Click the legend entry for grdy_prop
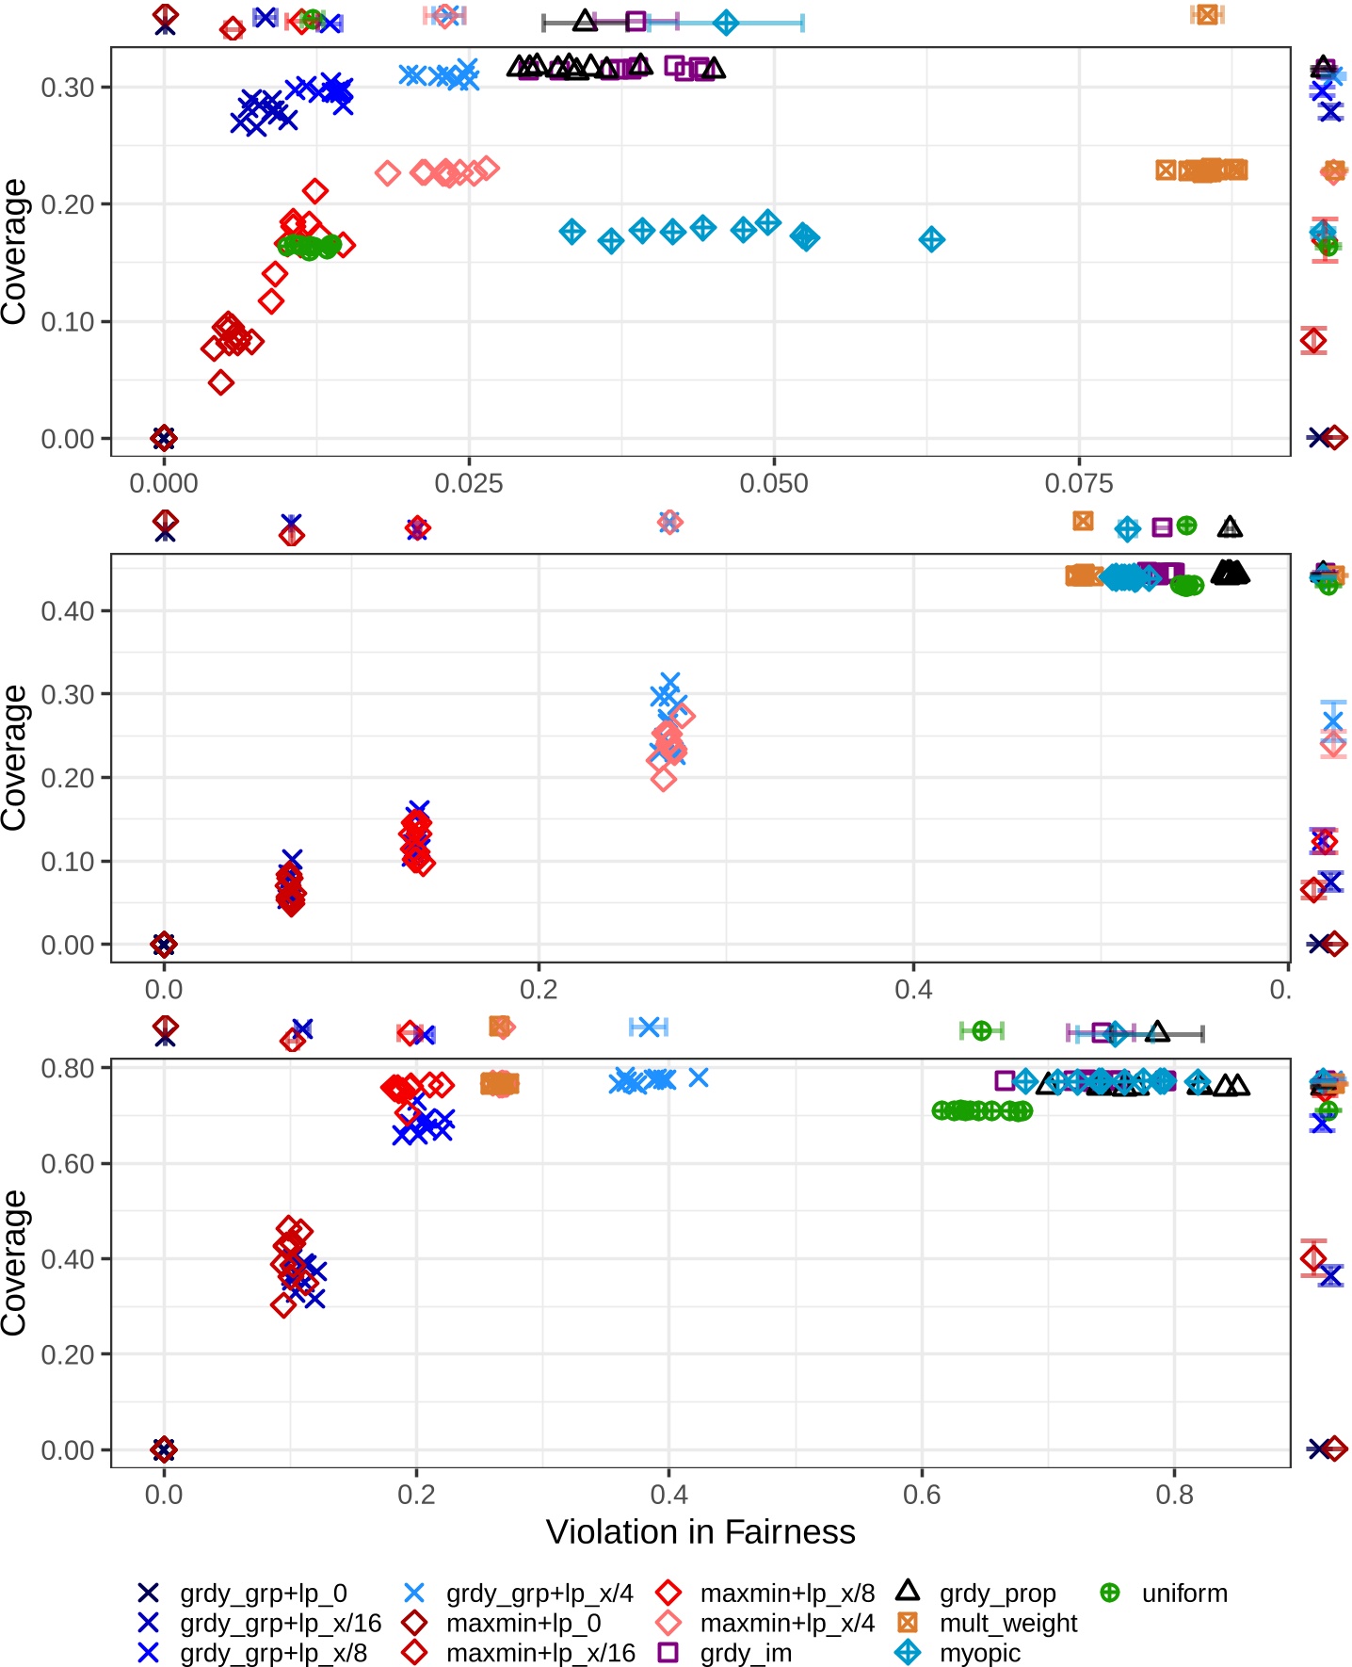click(x=996, y=1594)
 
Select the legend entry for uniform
click(x=1183, y=1594)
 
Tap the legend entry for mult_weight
click(x=1007, y=1624)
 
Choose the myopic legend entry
click(x=979, y=1654)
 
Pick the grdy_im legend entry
click(x=746, y=1654)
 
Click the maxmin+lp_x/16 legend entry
click(x=540, y=1654)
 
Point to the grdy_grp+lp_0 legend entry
click(x=263, y=1594)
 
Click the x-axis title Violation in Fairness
click(x=700, y=1532)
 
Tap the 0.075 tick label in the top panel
click(x=1078, y=484)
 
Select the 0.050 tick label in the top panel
click(x=773, y=484)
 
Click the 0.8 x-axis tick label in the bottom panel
click(x=1173, y=1495)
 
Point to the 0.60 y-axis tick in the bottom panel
click(x=68, y=1164)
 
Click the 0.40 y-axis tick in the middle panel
click(x=68, y=611)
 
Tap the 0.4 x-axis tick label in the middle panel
click(x=912, y=990)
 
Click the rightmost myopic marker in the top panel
click(x=931, y=239)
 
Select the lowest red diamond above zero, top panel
click(x=221, y=382)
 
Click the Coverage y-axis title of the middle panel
click(x=14, y=757)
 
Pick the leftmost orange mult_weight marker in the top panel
click(x=1167, y=170)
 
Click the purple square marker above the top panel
click(x=636, y=21)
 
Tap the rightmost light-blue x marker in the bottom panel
click(x=698, y=1077)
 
